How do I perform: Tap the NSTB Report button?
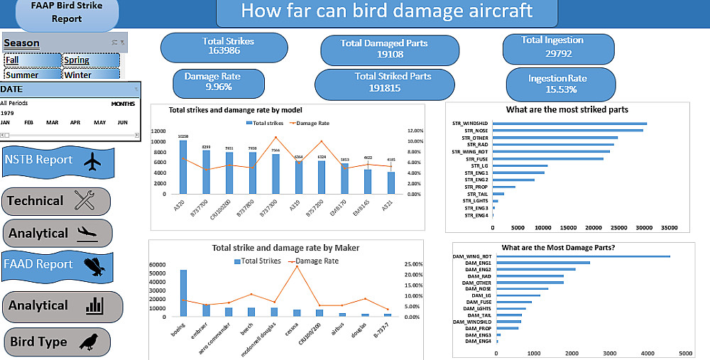58,160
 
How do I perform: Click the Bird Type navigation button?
58,342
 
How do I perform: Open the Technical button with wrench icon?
57,201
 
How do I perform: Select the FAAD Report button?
58,264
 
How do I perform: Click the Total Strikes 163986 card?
224,46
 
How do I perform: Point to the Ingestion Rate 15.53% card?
557,83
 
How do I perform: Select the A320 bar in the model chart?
183,167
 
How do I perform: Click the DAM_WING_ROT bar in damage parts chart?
583,256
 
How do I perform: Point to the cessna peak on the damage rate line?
296,266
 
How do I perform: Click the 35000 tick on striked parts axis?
669,228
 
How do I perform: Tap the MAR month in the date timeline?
53,122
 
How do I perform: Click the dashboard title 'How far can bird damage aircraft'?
386,11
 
